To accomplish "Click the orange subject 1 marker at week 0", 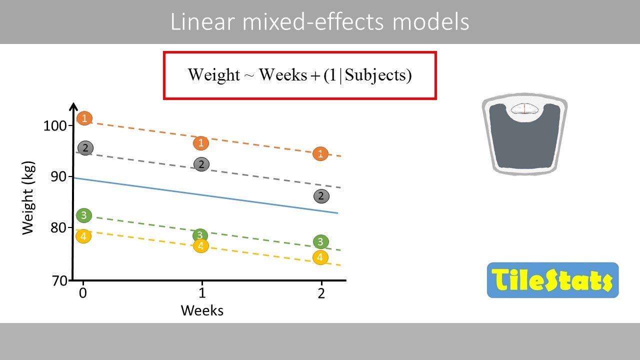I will point(84,118).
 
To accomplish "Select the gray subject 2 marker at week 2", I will point(321,196).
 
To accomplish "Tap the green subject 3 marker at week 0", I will point(83,215).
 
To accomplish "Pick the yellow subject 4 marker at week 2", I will point(320,258).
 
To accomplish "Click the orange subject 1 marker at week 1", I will point(201,143).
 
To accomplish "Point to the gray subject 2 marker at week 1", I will point(201,164).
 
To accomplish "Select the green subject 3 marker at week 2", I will point(320,242).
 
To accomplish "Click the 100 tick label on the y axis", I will point(55,125).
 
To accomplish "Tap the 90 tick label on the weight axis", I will point(59,176).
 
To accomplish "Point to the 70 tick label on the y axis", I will point(59,280).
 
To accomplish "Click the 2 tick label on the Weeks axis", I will point(321,293).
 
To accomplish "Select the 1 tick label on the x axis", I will point(201,293).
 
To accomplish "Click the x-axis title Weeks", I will point(202,310).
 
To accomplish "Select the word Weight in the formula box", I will point(214,75).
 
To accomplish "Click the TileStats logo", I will point(552,280).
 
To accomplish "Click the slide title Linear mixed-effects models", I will point(320,22).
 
